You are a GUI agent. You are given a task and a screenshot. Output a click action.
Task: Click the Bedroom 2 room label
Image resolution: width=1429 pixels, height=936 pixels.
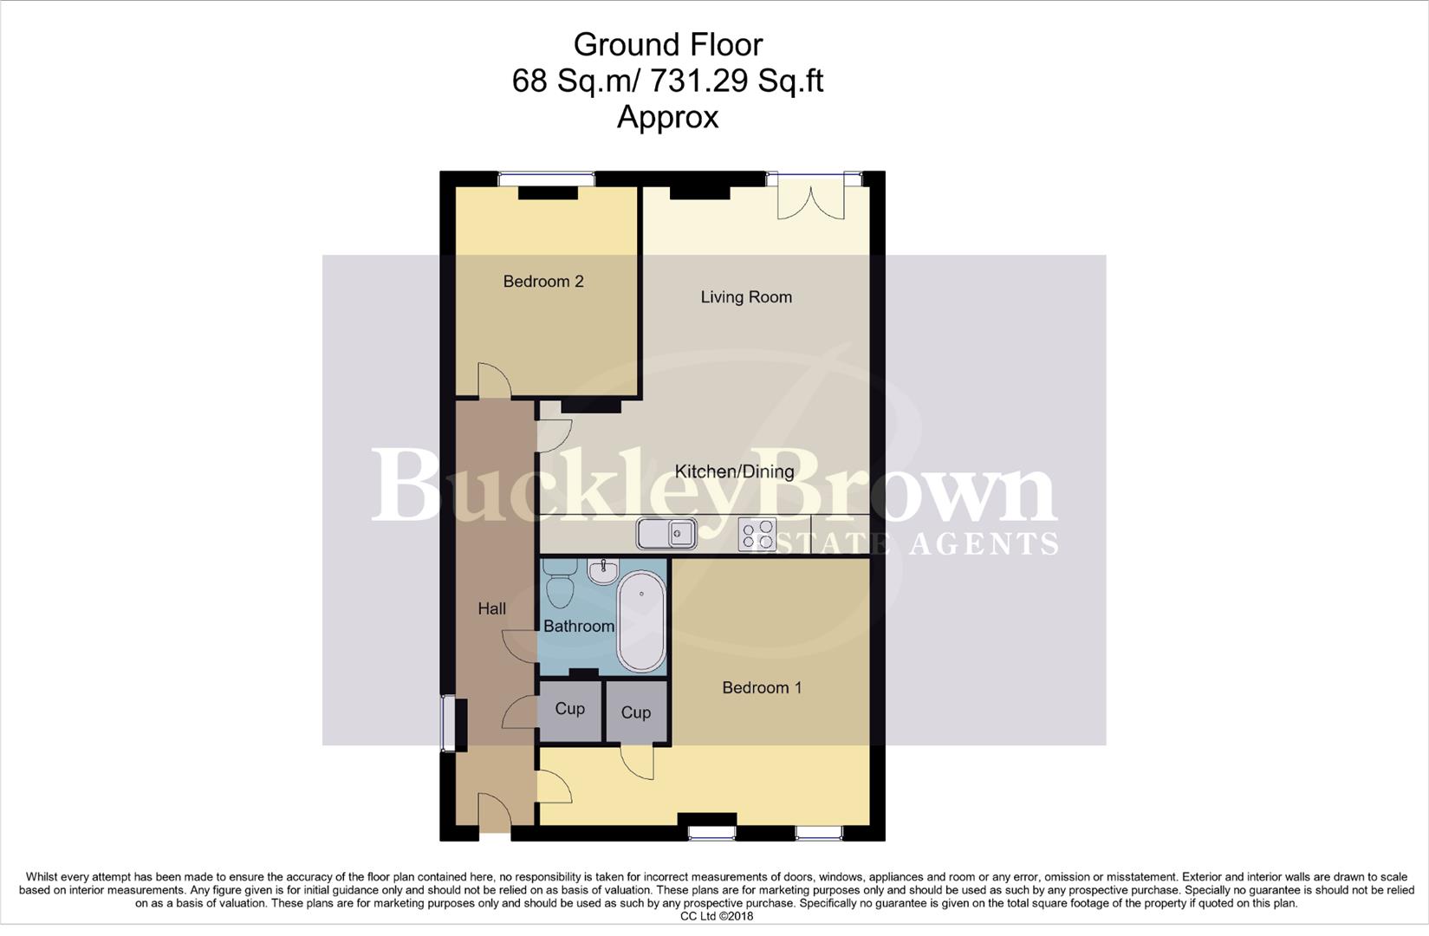tap(542, 282)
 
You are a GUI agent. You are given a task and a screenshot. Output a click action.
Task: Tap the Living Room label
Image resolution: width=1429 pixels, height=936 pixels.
tap(746, 297)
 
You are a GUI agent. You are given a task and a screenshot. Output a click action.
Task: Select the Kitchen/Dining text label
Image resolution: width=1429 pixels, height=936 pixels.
tap(734, 471)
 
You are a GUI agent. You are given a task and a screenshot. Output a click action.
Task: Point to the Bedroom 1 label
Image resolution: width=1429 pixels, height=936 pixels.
tap(762, 687)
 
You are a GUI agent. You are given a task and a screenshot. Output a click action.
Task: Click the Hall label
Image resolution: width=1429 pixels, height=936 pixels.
tap(492, 608)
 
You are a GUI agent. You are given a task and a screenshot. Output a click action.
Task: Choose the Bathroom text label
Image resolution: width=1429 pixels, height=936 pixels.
tap(579, 626)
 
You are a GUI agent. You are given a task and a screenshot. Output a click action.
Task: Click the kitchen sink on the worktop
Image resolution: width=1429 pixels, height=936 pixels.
tap(667, 533)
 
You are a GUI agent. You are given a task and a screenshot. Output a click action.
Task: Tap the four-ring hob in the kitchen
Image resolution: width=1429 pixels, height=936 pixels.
tap(757, 533)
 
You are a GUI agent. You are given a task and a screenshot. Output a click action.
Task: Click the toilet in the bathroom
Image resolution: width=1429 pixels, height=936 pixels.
tap(559, 585)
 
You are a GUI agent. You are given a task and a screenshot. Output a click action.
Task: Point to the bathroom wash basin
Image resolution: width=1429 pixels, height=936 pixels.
tap(603, 571)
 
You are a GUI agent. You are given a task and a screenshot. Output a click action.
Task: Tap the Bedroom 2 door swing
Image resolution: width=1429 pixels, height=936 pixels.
tap(494, 380)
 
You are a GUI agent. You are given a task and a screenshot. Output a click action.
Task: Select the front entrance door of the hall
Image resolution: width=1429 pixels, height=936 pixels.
tap(494, 816)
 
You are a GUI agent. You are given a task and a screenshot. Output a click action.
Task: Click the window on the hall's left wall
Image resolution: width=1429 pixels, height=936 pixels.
tap(448, 724)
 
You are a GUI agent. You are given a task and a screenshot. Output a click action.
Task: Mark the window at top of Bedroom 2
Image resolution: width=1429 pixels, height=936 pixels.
tap(546, 179)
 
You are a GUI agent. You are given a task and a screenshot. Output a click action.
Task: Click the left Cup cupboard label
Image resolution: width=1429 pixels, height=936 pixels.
tap(569, 709)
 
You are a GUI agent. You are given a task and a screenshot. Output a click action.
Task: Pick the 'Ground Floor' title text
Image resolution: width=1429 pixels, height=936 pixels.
tap(668, 44)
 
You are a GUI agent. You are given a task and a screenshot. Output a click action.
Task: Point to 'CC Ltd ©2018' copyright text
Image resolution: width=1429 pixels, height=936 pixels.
tap(717, 916)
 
